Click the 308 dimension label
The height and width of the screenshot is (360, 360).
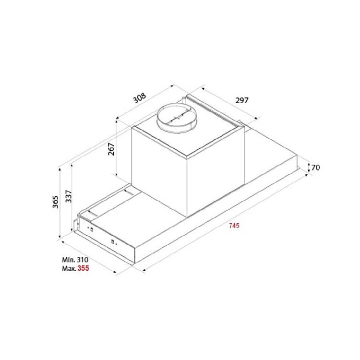pyautogui.click(x=140, y=98)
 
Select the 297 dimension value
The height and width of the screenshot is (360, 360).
pyautogui.click(x=242, y=100)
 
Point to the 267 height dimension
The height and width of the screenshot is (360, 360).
pyautogui.click(x=111, y=149)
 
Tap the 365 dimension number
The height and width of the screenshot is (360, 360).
pyautogui.click(x=55, y=202)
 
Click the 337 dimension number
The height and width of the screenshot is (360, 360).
pyautogui.click(x=69, y=196)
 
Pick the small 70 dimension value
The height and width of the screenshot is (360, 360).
pyautogui.click(x=315, y=168)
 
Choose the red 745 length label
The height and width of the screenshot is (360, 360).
pyautogui.click(x=234, y=226)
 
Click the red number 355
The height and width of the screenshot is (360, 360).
pyautogui.click(x=83, y=268)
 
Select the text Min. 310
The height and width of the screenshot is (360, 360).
pyautogui.click(x=75, y=260)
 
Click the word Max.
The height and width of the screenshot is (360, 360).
pyautogui.click(x=69, y=268)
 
